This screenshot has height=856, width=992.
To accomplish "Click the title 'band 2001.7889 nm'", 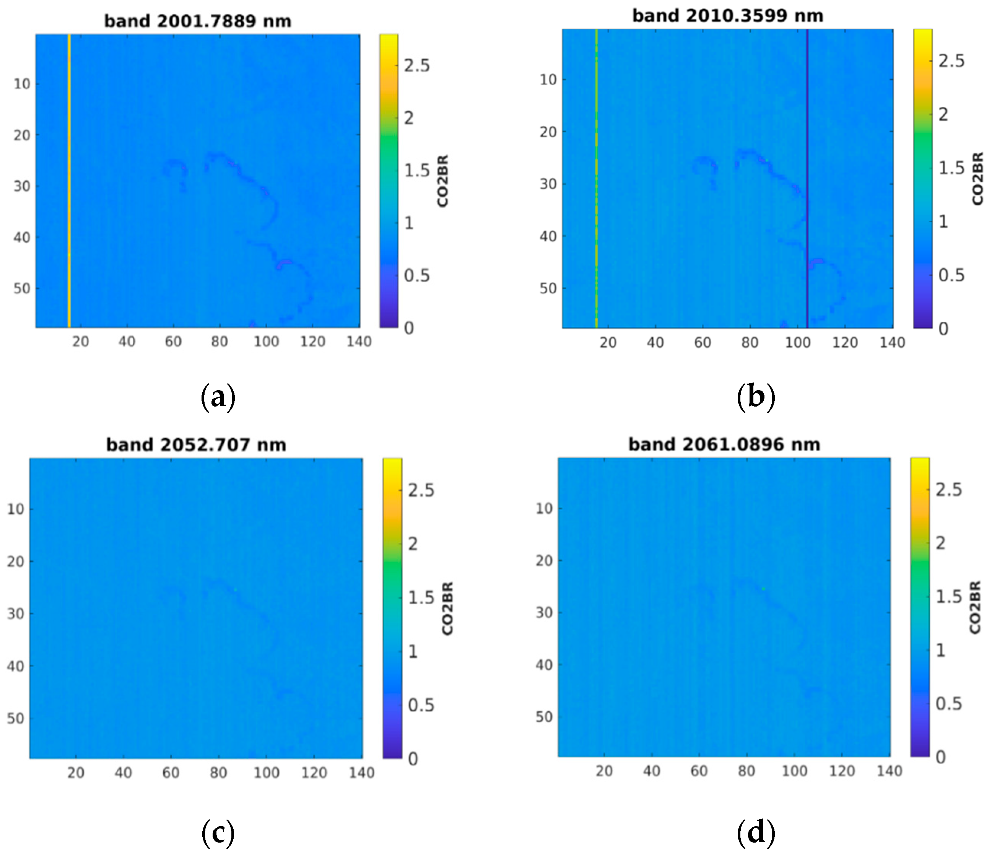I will tap(198, 21).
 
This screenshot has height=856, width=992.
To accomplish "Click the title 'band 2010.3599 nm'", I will tap(727, 16).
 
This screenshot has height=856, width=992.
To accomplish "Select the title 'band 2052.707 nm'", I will tap(196, 445).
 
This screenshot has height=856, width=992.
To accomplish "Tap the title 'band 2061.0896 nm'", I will tap(724, 444).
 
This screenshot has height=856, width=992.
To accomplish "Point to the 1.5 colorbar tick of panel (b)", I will tap(951, 168).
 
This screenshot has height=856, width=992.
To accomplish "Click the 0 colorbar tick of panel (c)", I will tap(413, 759).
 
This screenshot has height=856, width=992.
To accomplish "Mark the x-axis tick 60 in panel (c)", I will tap(171, 773).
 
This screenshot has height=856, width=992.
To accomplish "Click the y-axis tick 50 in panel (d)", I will tap(544, 717).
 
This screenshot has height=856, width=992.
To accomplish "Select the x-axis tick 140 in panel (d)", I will tap(889, 771).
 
